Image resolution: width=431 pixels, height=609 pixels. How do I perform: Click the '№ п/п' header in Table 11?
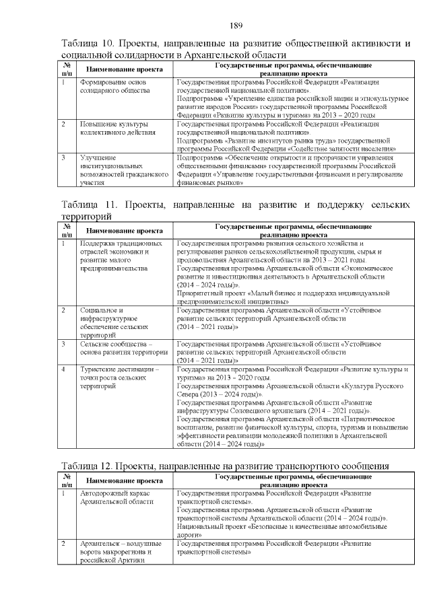(66, 230)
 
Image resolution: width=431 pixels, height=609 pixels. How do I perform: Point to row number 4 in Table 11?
(63, 369)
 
